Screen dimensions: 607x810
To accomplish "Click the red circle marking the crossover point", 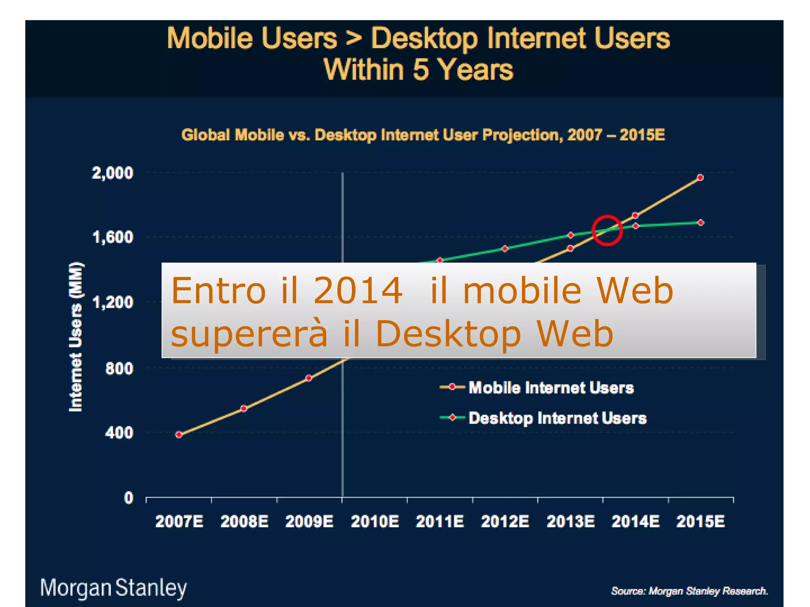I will point(607,230).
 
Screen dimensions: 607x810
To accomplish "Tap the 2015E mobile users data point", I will point(700,178).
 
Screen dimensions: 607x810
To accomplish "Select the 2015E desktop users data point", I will point(700,222).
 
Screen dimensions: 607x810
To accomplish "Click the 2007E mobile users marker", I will point(179,435).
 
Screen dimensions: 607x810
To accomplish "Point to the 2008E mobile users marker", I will point(244,408).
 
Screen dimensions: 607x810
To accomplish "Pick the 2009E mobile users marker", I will point(309,378).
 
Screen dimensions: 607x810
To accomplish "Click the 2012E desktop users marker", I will point(505,249).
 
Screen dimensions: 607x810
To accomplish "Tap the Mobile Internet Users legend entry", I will point(551,388).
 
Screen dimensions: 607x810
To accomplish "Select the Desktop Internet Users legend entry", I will point(557,418).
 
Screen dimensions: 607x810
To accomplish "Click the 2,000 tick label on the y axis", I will point(112,173).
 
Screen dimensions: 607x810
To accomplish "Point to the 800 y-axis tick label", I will point(119,368).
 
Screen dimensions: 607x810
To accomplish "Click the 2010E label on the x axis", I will point(375,522).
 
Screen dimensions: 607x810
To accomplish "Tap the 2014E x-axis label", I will point(636,522).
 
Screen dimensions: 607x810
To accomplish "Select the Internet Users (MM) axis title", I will point(76,337).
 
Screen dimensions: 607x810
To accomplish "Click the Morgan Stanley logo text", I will point(114,588).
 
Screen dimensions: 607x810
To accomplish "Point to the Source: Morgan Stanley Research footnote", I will point(689,591).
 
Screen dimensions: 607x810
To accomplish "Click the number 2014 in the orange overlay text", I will point(358,291).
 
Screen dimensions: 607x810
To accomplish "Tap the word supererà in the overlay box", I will point(249,334).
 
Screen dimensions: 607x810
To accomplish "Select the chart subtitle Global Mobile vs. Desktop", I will point(423,135).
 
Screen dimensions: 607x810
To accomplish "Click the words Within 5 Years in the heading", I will point(418,70).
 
